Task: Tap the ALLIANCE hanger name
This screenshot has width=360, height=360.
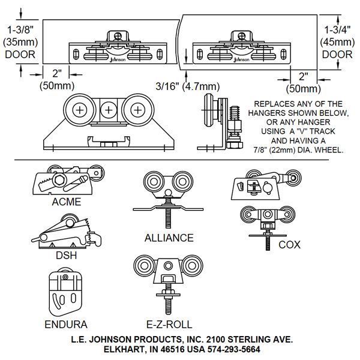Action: coord(169,238)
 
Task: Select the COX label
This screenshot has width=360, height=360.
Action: coord(289,245)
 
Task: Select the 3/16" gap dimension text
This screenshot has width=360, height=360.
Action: coord(166,85)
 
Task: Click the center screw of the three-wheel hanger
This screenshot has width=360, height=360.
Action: coord(109,110)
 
